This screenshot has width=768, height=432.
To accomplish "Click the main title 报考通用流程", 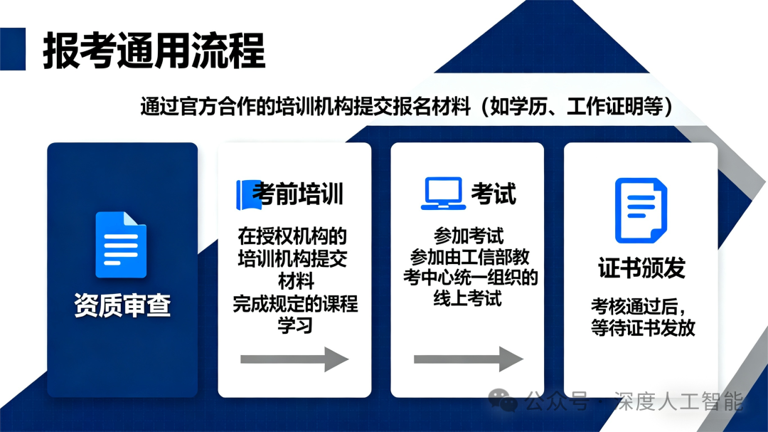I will [154, 51].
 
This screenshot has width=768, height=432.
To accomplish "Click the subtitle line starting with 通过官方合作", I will [407, 107].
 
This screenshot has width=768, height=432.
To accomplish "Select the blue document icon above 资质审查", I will [121, 244].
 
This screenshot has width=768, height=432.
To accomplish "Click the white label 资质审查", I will [122, 305].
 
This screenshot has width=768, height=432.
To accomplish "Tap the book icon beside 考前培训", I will [248, 194].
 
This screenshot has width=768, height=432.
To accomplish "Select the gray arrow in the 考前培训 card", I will [294, 359].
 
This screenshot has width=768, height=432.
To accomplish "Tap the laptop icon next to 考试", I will [443, 194].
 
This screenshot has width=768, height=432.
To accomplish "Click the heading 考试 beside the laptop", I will [494, 194].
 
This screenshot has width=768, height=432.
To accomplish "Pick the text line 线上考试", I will [468, 299].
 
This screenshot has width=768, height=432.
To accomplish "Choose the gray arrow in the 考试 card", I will [468, 359].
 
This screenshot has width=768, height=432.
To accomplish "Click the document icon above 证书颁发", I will [641, 211].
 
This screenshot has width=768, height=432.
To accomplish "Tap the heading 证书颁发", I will [641, 268].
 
